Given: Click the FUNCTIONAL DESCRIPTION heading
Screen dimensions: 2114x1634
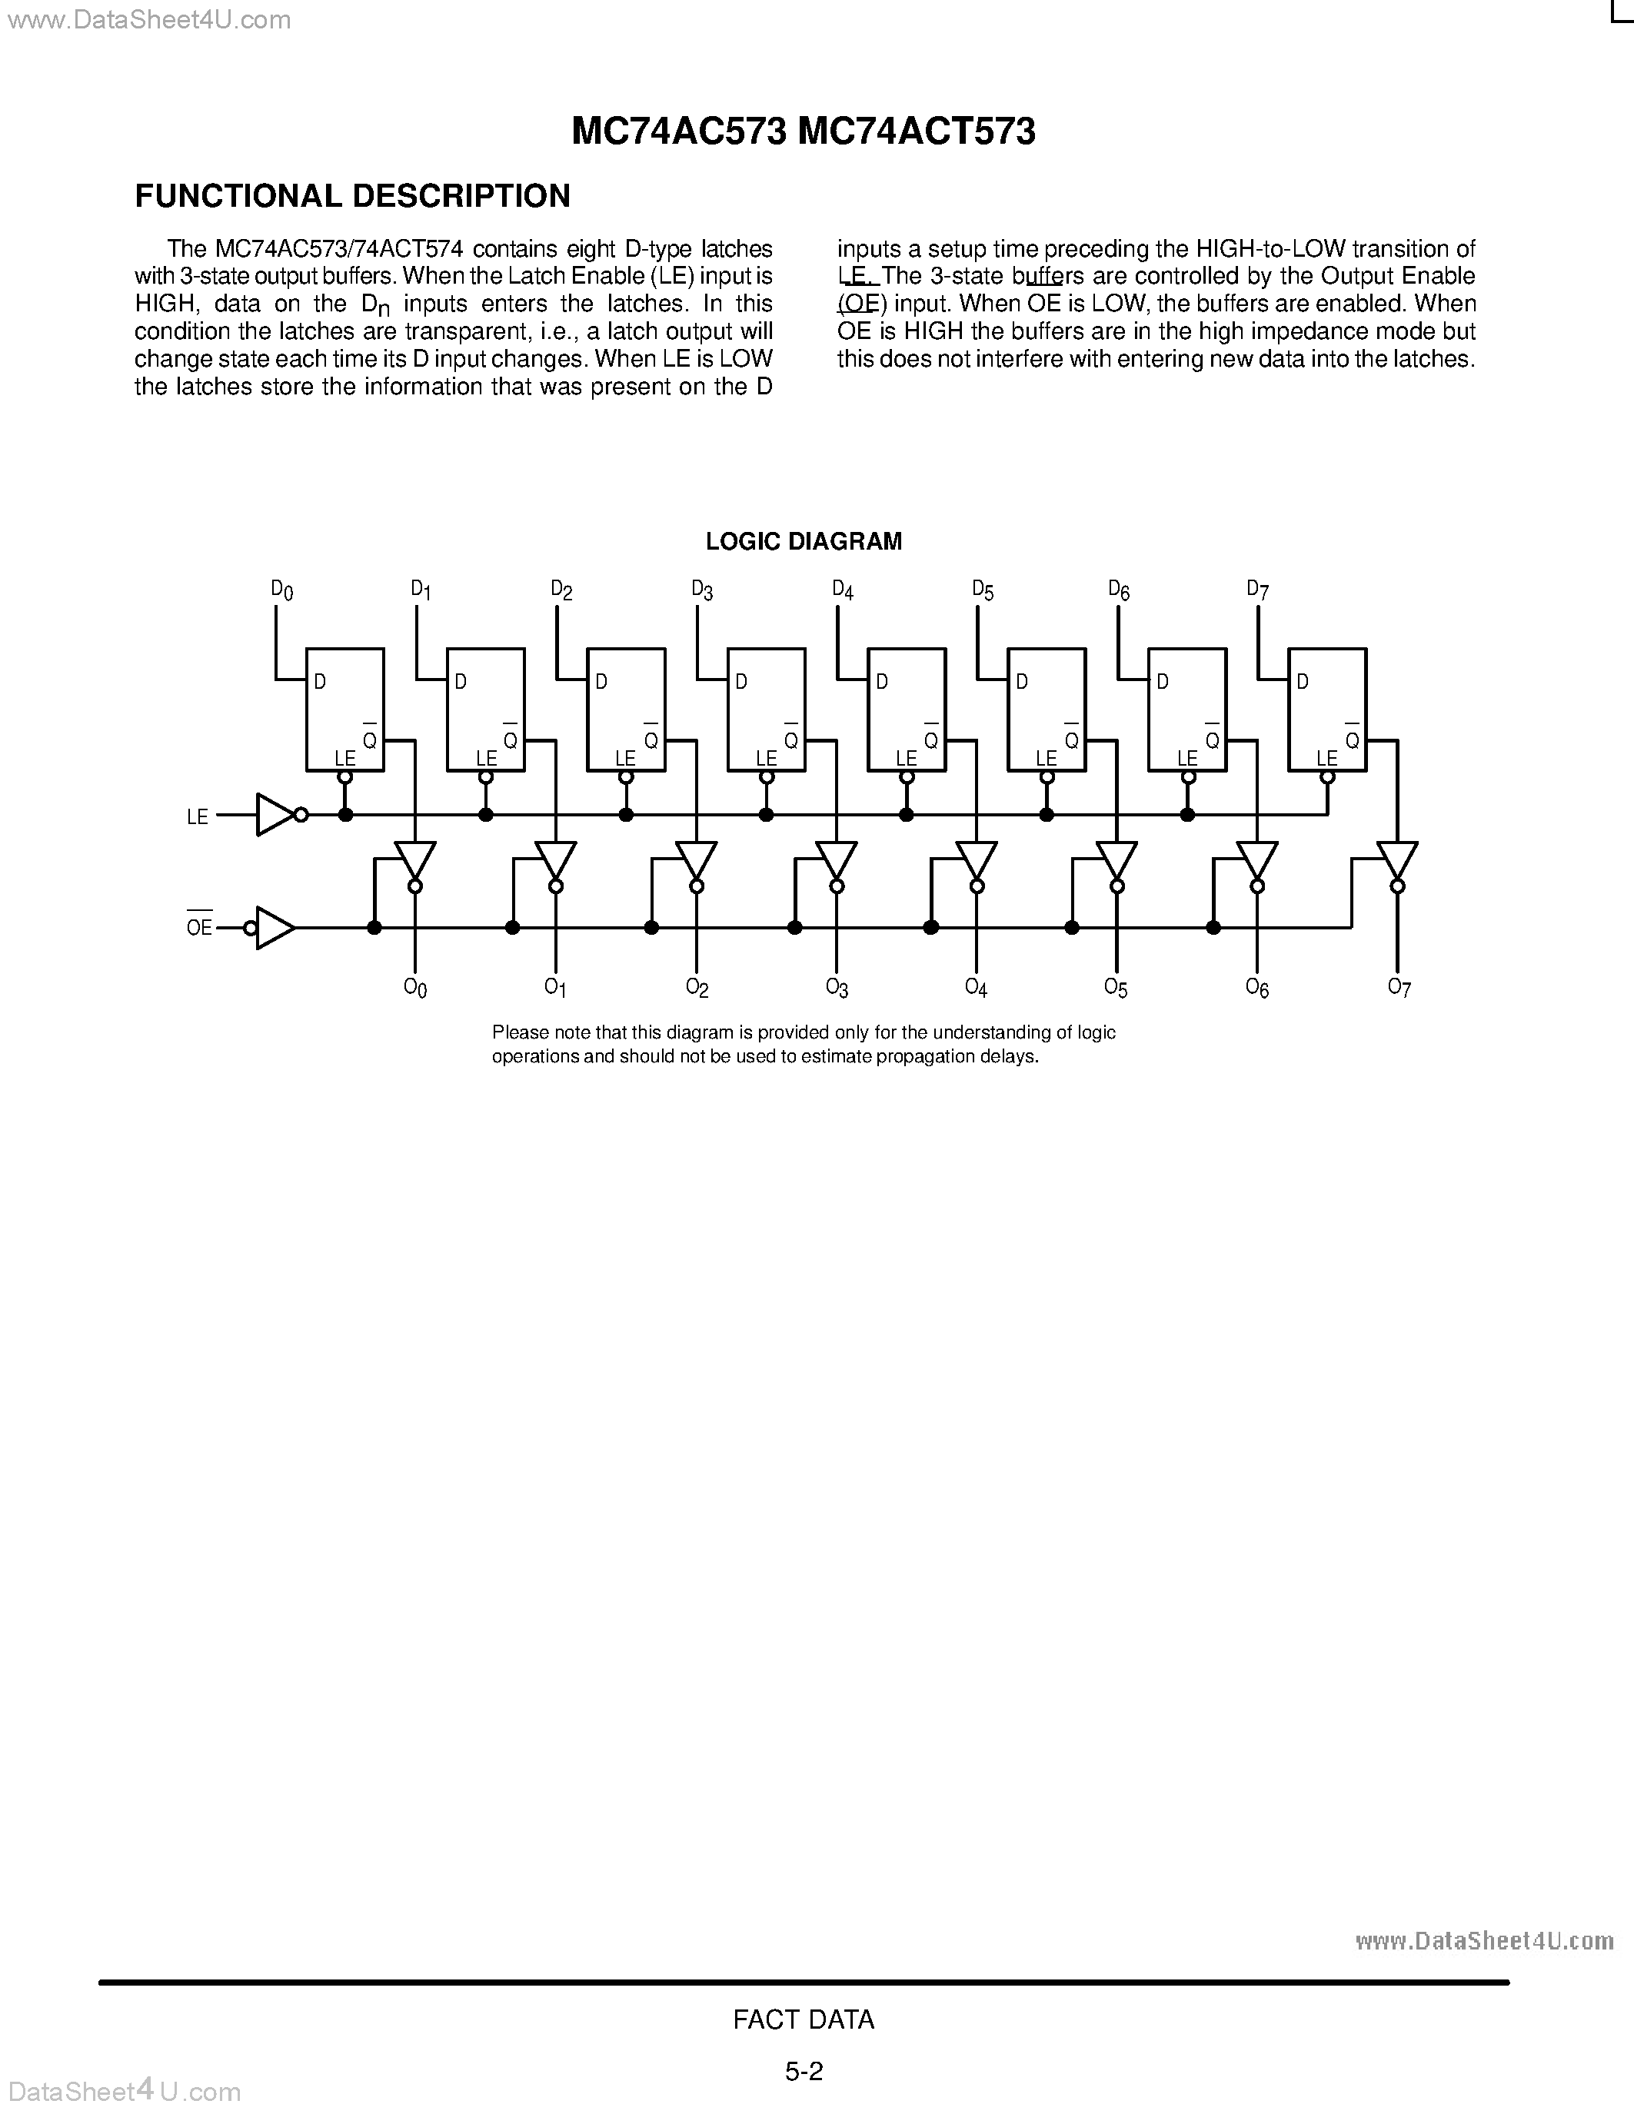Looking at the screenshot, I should (x=352, y=197).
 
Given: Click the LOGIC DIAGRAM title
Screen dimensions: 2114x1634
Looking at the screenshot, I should (x=804, y=542).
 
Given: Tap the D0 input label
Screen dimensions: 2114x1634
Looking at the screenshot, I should (x=281, y=590).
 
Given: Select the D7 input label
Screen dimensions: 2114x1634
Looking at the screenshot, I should (x=1257, y=590).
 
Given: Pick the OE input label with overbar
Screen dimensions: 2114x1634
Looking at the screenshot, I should (x=198, y=927).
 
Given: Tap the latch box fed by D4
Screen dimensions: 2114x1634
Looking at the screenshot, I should (x=906, y=710).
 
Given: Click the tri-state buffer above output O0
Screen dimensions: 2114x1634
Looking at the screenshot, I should (x=415, y=859).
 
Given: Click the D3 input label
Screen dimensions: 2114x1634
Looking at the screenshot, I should (x=702, y=590).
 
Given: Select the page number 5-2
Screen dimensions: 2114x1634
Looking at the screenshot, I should (x=804, y=2072).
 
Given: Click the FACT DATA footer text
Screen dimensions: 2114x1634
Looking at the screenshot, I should (x=804, y=2019).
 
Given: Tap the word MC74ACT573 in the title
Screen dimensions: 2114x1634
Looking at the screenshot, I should (x=917, y=131).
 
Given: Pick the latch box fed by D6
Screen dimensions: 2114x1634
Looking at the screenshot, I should (x=1186, y=710).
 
